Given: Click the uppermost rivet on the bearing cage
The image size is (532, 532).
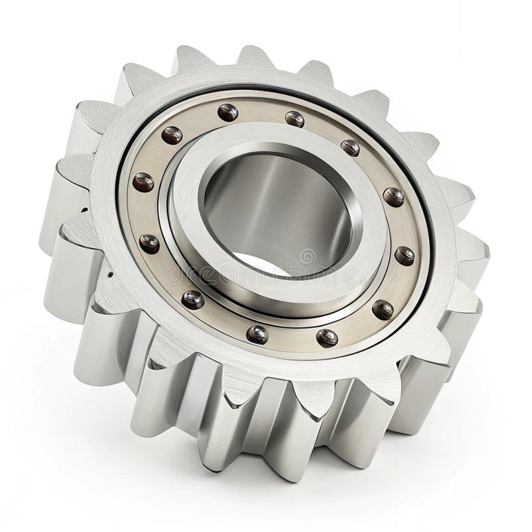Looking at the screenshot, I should [x=227, y=112].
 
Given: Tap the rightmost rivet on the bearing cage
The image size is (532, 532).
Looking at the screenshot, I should [x=404, y=255].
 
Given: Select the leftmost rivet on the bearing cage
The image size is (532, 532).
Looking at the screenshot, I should [x=143, y=182].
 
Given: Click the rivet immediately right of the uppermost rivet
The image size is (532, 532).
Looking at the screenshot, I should [x=295, y=119].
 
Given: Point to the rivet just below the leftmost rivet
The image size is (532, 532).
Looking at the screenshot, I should [x=149, y=243].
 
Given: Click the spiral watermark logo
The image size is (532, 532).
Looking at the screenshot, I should [x=307, y=255].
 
